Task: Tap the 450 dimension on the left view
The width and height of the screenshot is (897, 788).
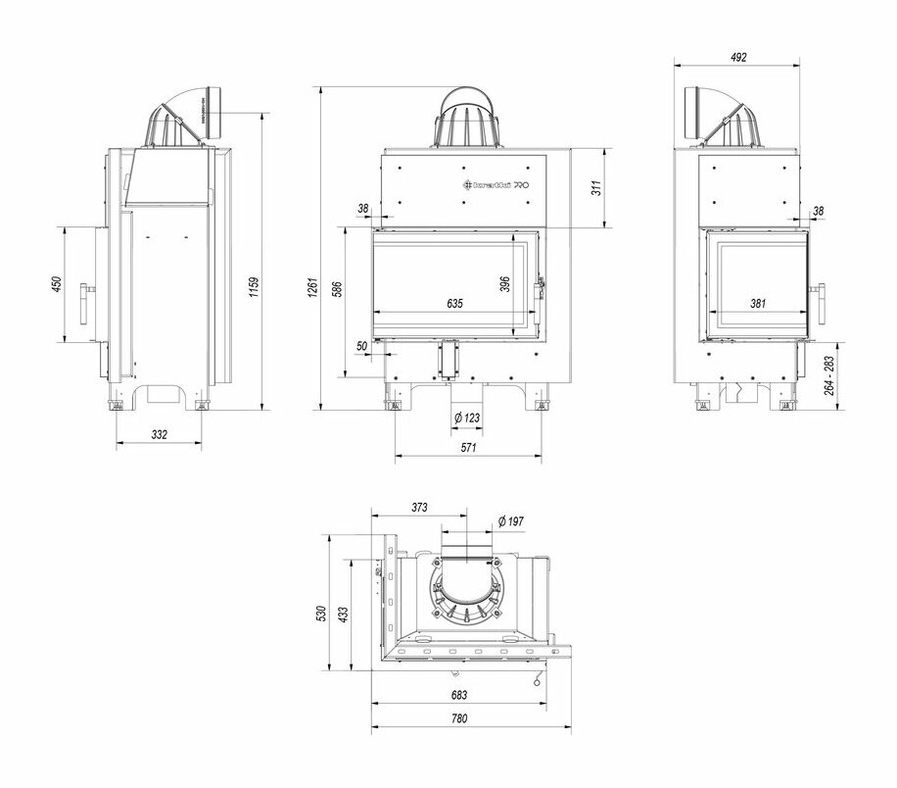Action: (57, 284)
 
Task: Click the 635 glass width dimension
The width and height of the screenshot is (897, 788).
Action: (454, 304)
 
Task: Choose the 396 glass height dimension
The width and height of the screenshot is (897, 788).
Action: (505, 283)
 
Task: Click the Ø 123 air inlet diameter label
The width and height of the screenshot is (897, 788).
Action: (467, 419)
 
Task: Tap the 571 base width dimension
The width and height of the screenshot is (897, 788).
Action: (467, 448)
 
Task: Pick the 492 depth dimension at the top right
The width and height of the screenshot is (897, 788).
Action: (738, 58)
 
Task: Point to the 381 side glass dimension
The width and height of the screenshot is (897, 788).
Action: (758, 304)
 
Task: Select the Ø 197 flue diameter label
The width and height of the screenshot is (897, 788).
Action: (511, 520)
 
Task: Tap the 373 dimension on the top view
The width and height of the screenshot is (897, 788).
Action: (419, 508)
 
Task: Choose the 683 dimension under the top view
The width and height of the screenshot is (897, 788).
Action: (459, 695)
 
